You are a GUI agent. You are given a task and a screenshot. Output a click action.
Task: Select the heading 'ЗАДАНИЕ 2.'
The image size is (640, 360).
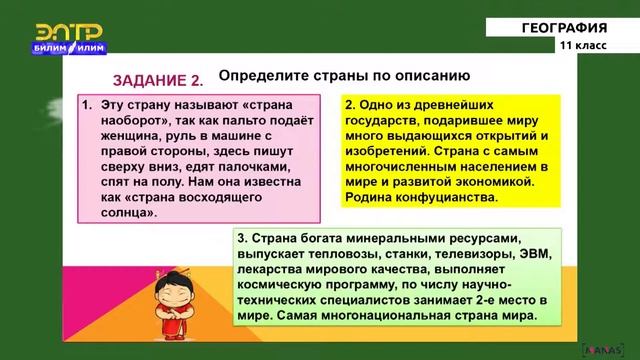[158, 80]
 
